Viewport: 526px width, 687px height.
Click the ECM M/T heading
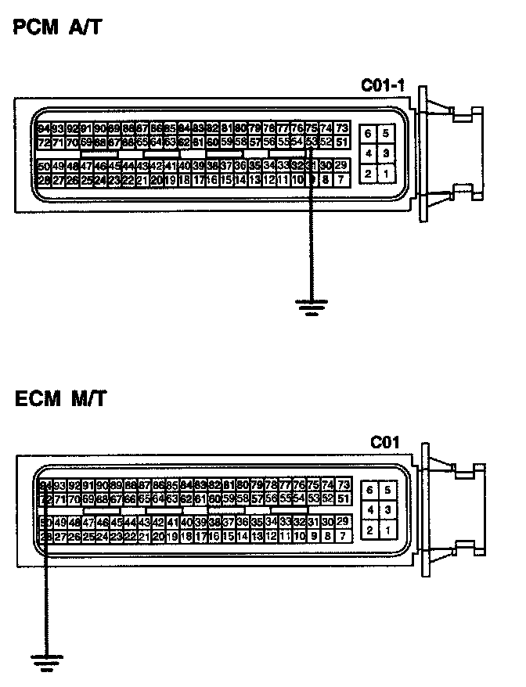pyautogui.click(x=60, y=400)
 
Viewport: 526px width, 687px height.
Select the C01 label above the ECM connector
pyautogui.click(x=385, y=444)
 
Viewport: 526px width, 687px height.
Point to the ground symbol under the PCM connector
pyautogui.click(x=312, y=306)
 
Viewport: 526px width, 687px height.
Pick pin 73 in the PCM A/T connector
pyautogui.click(x=342, y=128)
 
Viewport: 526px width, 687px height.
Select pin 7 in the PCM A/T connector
pyautogui.click(x=340, y=180)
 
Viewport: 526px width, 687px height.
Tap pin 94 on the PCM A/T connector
pyautogui.click(x=44, y=128)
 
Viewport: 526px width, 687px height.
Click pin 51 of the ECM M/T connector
pyautogui.click(x=342, y=498)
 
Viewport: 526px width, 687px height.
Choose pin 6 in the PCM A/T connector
pyautogui.click(x=368, y=134)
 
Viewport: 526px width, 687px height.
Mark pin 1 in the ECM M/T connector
pyautogui.click(x=386, y=531)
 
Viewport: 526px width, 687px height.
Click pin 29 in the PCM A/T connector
pyautogui.click(x=340, y=165)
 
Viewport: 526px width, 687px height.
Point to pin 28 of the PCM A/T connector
pyautogui.click(x=44, y=180)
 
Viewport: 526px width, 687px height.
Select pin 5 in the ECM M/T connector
pyautogui.click(x=386, y=491)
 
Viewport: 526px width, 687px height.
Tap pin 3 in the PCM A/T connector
pyautogui.click(x=386, y=153)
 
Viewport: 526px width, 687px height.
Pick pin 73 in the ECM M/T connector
pyautogui.click(x=342, y=485)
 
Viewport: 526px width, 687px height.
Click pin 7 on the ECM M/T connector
pyautogui.click(x=341, y=536)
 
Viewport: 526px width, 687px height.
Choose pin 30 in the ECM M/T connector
pyautogui.click(x=327, y=522)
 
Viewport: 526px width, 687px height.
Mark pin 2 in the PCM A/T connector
pyautogui.click(x=368, y=173)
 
